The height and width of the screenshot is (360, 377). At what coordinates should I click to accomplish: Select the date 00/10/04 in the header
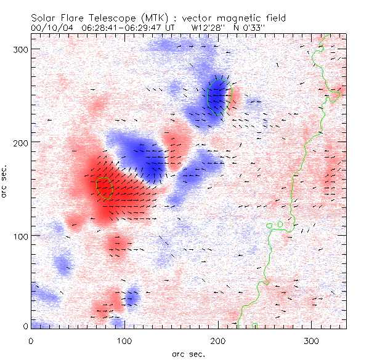click(51, 28)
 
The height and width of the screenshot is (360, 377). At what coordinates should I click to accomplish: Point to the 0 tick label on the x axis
click(31, 340)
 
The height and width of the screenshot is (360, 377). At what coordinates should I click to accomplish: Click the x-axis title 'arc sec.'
click(189, 353)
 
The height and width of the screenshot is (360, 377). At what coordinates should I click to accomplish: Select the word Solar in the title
click(48, 18)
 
